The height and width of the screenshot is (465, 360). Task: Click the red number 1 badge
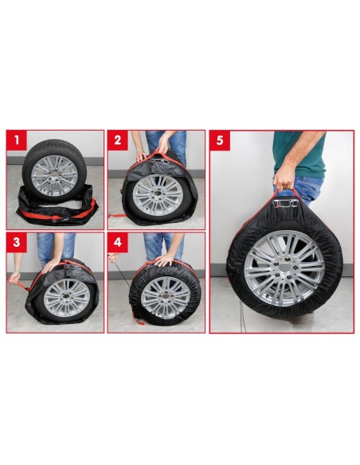tap(16, 141)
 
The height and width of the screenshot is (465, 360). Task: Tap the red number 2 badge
tap(117, 141)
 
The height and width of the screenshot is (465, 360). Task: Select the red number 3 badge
tap(16, 241)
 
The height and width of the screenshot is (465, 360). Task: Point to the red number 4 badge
tap(117, 241)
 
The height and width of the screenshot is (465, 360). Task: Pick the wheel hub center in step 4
tap(165, 296)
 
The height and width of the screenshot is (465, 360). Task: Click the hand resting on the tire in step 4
tap(163, 260)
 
